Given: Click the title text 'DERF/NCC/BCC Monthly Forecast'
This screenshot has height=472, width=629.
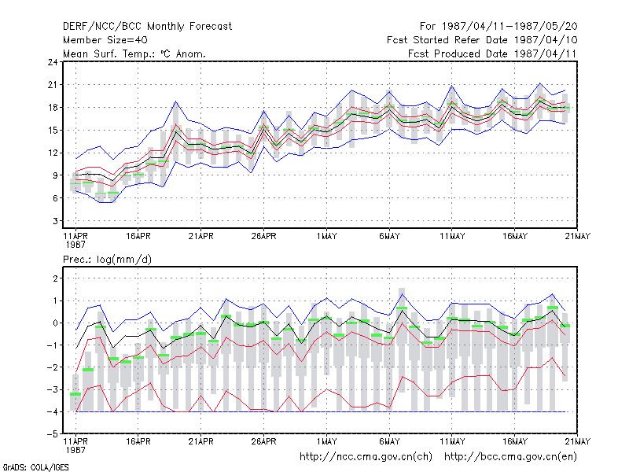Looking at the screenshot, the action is [x=147, y=27].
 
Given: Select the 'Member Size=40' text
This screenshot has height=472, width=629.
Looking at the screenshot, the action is [x=105, y=40].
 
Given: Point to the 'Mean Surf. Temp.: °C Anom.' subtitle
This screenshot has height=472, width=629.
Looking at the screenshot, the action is [x=134, y=53].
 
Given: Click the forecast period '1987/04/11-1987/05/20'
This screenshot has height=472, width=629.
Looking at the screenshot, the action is [x=509, y=27].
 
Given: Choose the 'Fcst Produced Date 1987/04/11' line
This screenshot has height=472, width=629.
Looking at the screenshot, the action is [x=492, y=53].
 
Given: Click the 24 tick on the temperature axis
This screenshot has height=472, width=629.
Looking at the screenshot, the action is [x=53, y=62].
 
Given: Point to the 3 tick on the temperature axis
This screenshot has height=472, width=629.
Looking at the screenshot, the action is [x=55, y=221].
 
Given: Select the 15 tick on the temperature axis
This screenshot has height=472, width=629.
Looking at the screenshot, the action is [x=53, y=131].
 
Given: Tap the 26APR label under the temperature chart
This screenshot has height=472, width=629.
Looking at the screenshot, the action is [x=263, y=236].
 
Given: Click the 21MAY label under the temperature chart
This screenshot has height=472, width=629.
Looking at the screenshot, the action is [x=577, y=236].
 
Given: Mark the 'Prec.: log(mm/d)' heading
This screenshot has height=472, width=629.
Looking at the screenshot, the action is [x=107, y=260].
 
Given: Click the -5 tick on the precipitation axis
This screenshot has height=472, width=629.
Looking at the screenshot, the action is [x=53, y=434].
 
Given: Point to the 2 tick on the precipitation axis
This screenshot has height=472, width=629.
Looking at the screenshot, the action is [x=55, y=278].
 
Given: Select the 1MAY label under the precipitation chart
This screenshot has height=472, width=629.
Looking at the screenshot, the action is [x=326, y=441].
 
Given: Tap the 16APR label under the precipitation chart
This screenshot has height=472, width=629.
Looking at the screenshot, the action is [x=138, y=441].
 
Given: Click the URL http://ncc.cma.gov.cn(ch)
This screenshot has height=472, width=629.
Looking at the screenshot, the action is [x=366, y=457].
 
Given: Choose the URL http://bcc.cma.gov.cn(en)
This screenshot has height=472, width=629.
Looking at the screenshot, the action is [x=510, y=457].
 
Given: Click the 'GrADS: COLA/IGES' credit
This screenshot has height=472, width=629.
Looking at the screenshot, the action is [x=35, y=467].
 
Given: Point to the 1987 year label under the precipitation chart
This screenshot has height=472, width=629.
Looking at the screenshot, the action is [x=75, y=450].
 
